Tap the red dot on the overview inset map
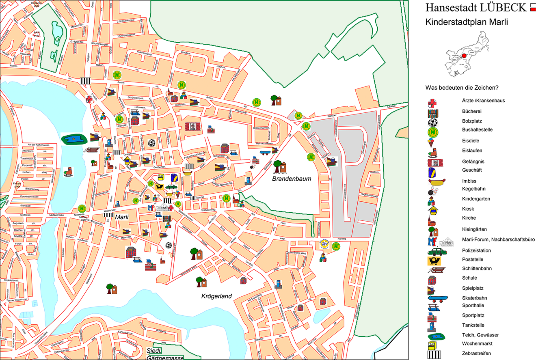(464, 56)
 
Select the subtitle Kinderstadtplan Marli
(467, 22)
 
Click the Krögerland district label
(216, 296)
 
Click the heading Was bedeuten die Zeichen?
(462, 88)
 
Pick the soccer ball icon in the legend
(433, 122)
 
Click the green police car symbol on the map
(171, 187)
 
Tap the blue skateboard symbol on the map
(264, 153)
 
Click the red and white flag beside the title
(532, 7)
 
